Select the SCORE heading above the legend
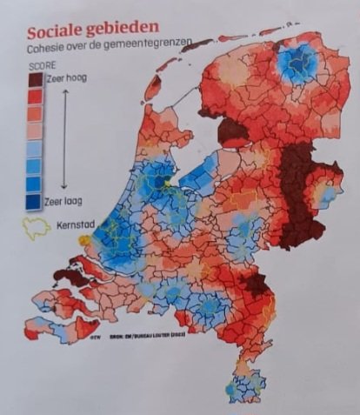(x=41, y=65)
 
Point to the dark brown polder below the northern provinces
(x=232, y=132)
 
